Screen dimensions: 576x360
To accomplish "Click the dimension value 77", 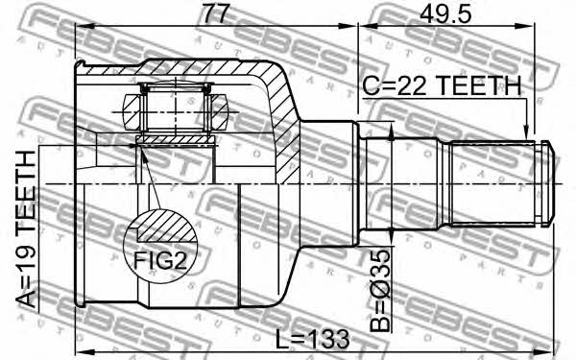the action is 216,13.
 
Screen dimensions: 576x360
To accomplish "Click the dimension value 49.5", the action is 445,14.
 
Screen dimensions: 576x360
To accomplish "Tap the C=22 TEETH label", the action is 442,86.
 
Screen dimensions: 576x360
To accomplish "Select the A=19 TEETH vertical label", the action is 27,229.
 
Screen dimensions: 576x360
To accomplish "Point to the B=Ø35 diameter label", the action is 379,291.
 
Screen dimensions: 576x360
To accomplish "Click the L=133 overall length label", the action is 312,339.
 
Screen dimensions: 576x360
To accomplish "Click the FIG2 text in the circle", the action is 160,260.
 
